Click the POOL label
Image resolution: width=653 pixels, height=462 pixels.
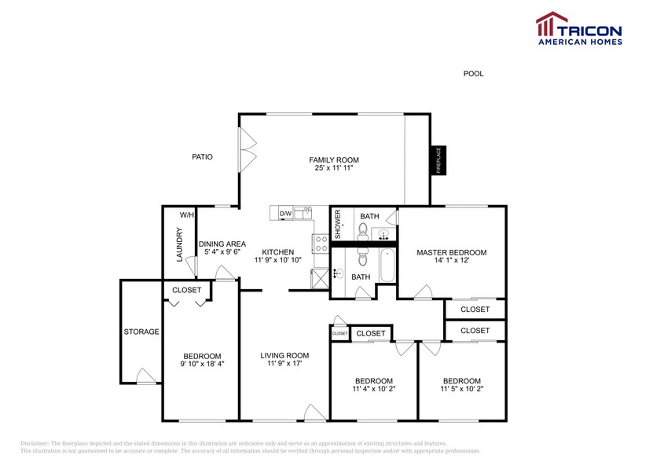tap(473, 74)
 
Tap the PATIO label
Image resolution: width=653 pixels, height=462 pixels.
tap(202, 157)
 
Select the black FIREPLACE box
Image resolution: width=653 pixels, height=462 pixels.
tap(438, 161)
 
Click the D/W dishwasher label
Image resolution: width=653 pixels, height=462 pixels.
tap(285, 214)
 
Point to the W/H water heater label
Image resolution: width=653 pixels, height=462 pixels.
tap(187, 215)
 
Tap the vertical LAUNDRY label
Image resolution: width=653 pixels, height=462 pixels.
tap(180, 244)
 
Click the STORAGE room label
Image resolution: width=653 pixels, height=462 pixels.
tap(141, 332)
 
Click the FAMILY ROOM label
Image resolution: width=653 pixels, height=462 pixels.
tap(333, 160)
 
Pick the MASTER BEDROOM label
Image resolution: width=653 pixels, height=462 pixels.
tap(451, 253)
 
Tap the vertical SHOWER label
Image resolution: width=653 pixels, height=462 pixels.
tap(337, 225)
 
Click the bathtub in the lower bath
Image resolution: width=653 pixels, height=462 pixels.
tap(387, 265)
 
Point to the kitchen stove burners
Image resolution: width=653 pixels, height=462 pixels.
tap(321, 244)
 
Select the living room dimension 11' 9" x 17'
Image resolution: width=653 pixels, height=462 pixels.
tap(284, 364)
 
